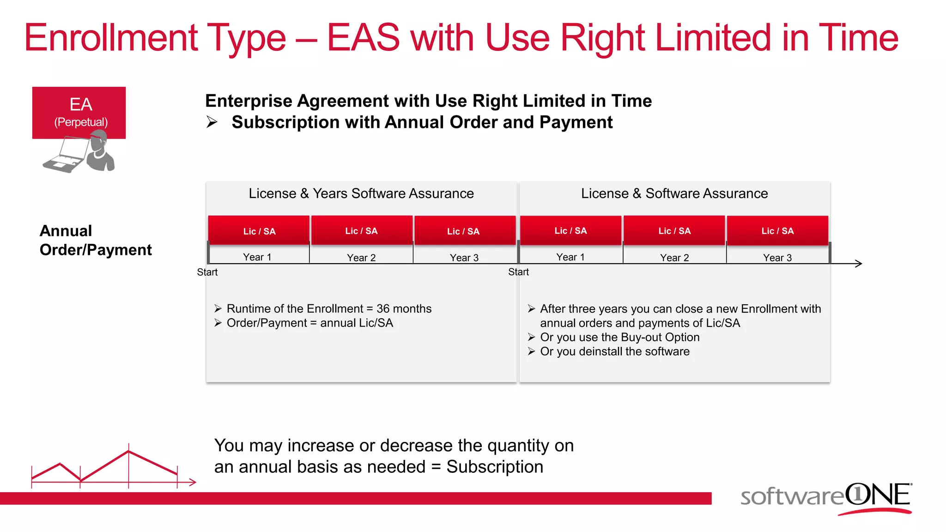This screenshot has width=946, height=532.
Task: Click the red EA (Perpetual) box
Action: pos(79,112)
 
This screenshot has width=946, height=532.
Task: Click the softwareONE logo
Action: pos(826,497)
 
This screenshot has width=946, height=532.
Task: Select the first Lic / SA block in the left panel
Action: pos(259,230)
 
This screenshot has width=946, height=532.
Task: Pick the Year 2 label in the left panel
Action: pos(361,258)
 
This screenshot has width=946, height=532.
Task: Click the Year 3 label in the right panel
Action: pos(777,258)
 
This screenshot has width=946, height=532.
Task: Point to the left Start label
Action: pos(207,272)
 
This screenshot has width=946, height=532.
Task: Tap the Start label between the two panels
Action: pos(518,272)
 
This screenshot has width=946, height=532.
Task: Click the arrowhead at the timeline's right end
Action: pos(859,264)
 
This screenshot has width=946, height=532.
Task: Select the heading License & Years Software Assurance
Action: pos(361,193)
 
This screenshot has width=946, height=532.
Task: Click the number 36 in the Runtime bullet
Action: pos(383,308)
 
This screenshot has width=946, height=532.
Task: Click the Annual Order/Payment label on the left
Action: pos(96,240)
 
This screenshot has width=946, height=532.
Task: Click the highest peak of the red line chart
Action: pos(128,451)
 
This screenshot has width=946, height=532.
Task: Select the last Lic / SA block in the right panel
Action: pos(777,230)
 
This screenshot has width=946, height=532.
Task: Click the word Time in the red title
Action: pos(858,38)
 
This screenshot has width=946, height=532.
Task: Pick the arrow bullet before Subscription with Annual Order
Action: pos(212,122)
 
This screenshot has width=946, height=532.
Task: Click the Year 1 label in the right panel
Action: pos(570,257)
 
